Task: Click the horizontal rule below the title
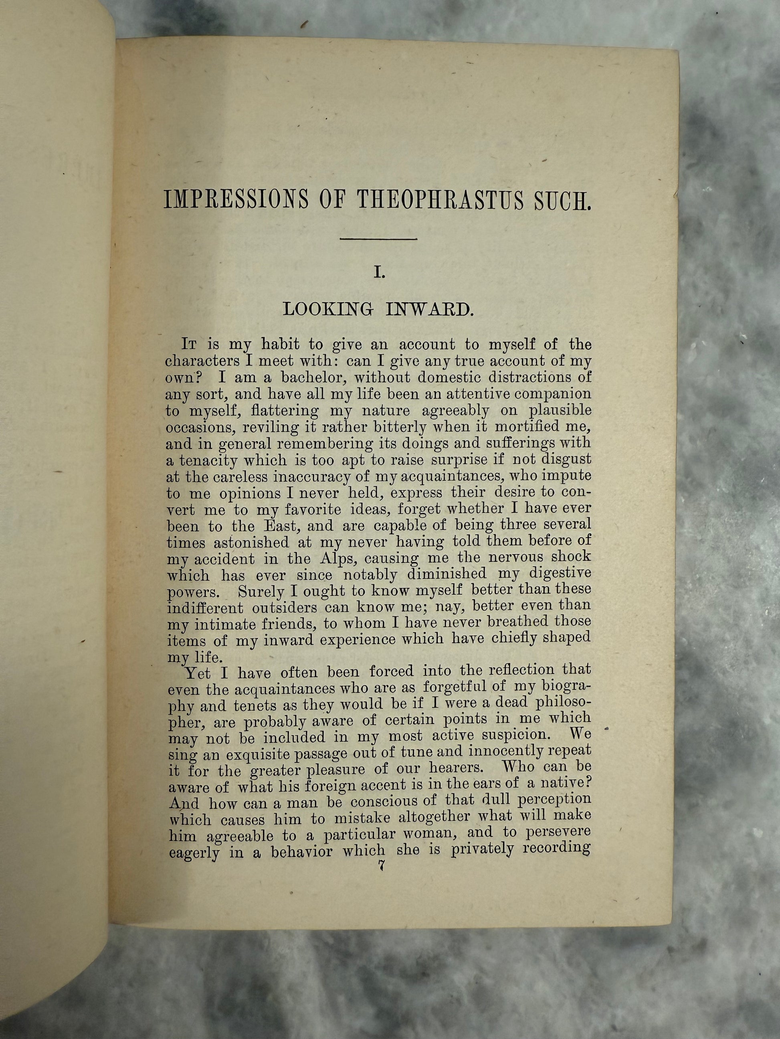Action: coord(379,240)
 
